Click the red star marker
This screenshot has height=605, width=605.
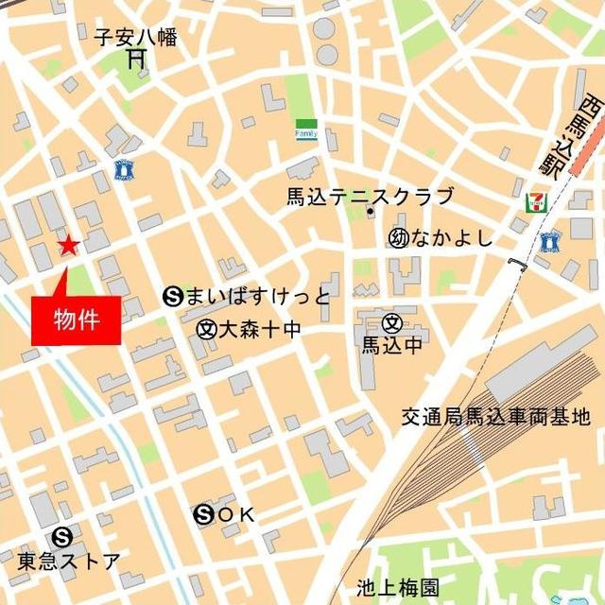tap(68, 247)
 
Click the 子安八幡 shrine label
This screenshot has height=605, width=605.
tap(136, 38)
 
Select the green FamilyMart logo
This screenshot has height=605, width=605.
tap(306, 129)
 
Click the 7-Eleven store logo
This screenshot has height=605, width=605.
tap(535, 202)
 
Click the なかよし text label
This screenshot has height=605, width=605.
tap(452, 238)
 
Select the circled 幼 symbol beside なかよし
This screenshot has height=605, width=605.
tap(397, 238)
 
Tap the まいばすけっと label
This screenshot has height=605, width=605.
tap(257, 298)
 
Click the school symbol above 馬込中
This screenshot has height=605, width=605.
tap(390, 322)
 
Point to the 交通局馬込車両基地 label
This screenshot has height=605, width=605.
tap(494, 416)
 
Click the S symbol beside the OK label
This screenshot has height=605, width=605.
tap(203, 515)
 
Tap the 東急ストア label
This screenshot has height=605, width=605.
tap(69, 561)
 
